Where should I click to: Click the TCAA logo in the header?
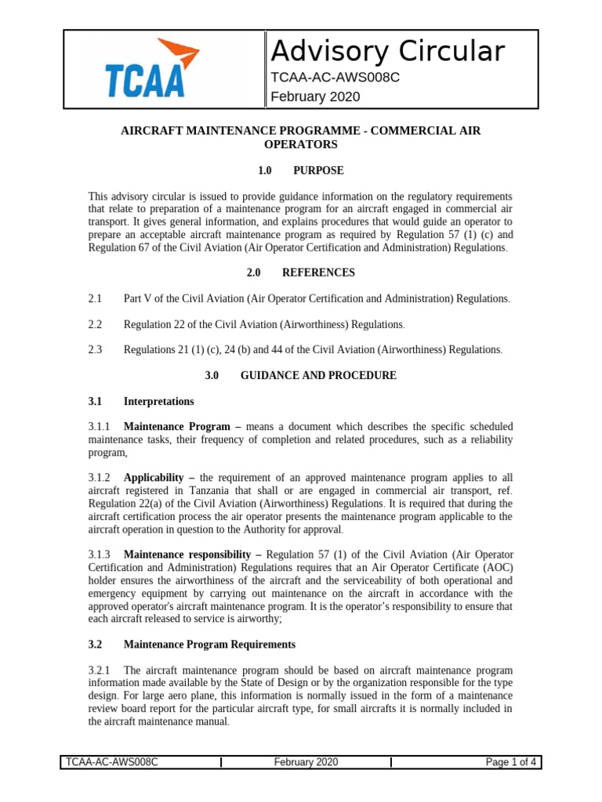click(x=146, y=69)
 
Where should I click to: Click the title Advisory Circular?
click(x=387, y=51)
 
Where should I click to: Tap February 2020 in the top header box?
click(x=315, y=96)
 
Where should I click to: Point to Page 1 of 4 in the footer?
click(x=510, y=762)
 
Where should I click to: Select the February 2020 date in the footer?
click(x=306, y=762)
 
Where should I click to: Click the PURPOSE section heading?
click(x=318, y=170)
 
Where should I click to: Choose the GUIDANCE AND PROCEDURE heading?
click(x=318, y=375)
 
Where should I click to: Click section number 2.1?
click(x=96, y=298)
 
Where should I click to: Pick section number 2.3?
click(x=96, y=349)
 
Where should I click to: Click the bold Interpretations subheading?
click(x=159, y=401)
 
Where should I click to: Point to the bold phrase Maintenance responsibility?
click(x=184, y=554)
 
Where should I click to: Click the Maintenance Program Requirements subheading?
click(x=209, y=644)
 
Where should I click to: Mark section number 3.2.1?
click(x=99, y=670)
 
